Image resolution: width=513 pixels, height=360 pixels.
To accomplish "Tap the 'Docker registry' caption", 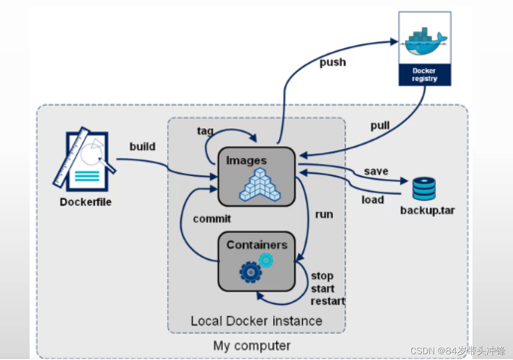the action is [x=425, y=74].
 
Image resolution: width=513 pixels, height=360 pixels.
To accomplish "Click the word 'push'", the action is [x=333, y=62].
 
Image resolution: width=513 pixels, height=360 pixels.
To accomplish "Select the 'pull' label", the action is [x=380, y=126].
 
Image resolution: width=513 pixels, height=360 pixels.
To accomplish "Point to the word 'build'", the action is [x=142, y=146].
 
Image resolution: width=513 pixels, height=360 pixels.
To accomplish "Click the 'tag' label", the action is [x=205, y=131].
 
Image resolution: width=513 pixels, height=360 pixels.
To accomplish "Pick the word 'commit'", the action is [x=212, y=218].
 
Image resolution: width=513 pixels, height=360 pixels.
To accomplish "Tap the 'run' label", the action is [x=324, y=215].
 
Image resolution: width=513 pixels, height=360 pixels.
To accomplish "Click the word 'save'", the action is [x=376, y=171].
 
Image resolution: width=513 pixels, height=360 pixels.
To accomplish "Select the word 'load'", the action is [x=372, y=199].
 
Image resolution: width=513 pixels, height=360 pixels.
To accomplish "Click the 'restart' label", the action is [x=328, y=301].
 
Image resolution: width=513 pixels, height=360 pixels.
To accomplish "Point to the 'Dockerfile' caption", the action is [x=86, y=202].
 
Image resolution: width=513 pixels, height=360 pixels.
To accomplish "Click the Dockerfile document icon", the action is [x=85, y=159].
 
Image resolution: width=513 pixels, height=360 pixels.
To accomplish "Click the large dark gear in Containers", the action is [x=250, y=272].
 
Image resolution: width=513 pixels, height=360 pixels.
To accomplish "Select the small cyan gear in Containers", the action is [x=266, y=260].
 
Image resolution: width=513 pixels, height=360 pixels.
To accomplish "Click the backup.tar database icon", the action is [x=424, y=188].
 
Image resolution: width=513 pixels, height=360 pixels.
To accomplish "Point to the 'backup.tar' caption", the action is [x=427, y=210].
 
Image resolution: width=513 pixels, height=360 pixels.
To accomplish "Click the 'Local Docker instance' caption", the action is [x=256, y=321].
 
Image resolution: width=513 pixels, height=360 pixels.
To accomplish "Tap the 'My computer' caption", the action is [x=251, y=345].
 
